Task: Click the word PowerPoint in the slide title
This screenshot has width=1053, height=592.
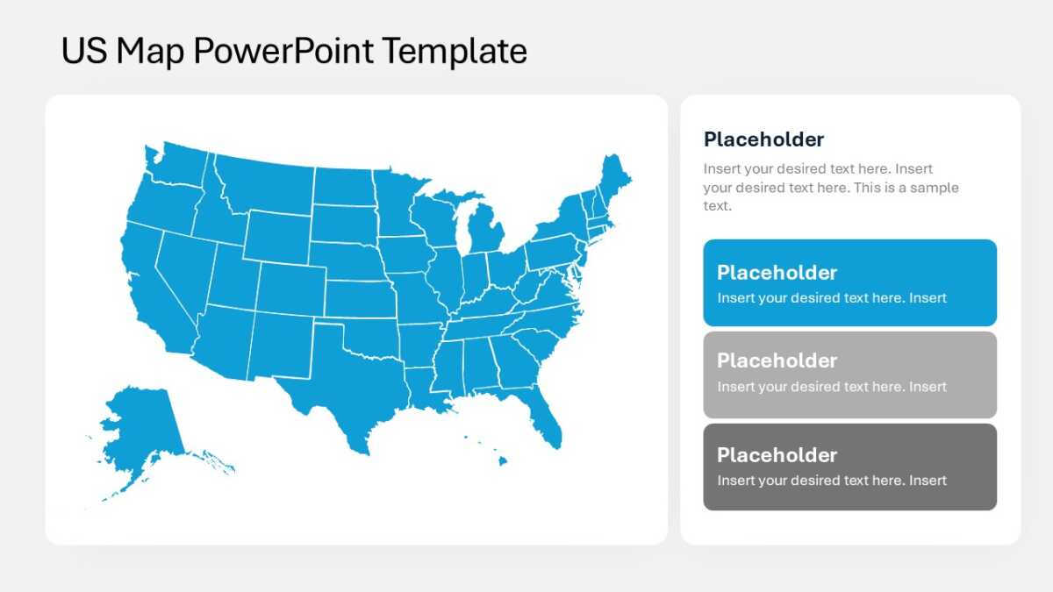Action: tap(283, 51)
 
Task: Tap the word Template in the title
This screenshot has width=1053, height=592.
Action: tap(455, 51)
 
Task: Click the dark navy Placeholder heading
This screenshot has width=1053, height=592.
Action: tap(763, 139)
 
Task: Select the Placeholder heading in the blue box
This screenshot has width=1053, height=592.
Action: tap(777, 273)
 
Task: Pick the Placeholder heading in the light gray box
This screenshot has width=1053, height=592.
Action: tap(777, 360)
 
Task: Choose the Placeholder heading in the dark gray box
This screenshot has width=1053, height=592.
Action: tap(777, 455)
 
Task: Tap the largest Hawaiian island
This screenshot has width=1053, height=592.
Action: tap(503, 461)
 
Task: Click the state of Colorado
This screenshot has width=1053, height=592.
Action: tap(291, 289)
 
